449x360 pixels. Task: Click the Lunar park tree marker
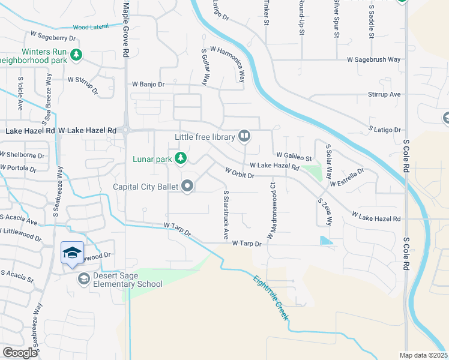[180, 159]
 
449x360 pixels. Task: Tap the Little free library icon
[244, 137]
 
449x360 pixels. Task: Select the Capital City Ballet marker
[187, 187]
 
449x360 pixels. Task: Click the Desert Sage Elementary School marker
[83, 279]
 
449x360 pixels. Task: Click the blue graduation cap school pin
[71, 253]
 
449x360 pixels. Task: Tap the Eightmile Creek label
[271, 297]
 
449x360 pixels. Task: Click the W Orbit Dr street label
[240, 173]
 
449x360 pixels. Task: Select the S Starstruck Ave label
[226, 215]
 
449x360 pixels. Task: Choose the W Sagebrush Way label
[373, 60]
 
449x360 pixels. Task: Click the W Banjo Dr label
[148, 85]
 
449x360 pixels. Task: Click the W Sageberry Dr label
[58, 37]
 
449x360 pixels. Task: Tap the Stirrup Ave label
[384, 95]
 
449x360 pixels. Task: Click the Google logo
[19, 353]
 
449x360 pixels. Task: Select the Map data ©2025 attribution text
[423, 355]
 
